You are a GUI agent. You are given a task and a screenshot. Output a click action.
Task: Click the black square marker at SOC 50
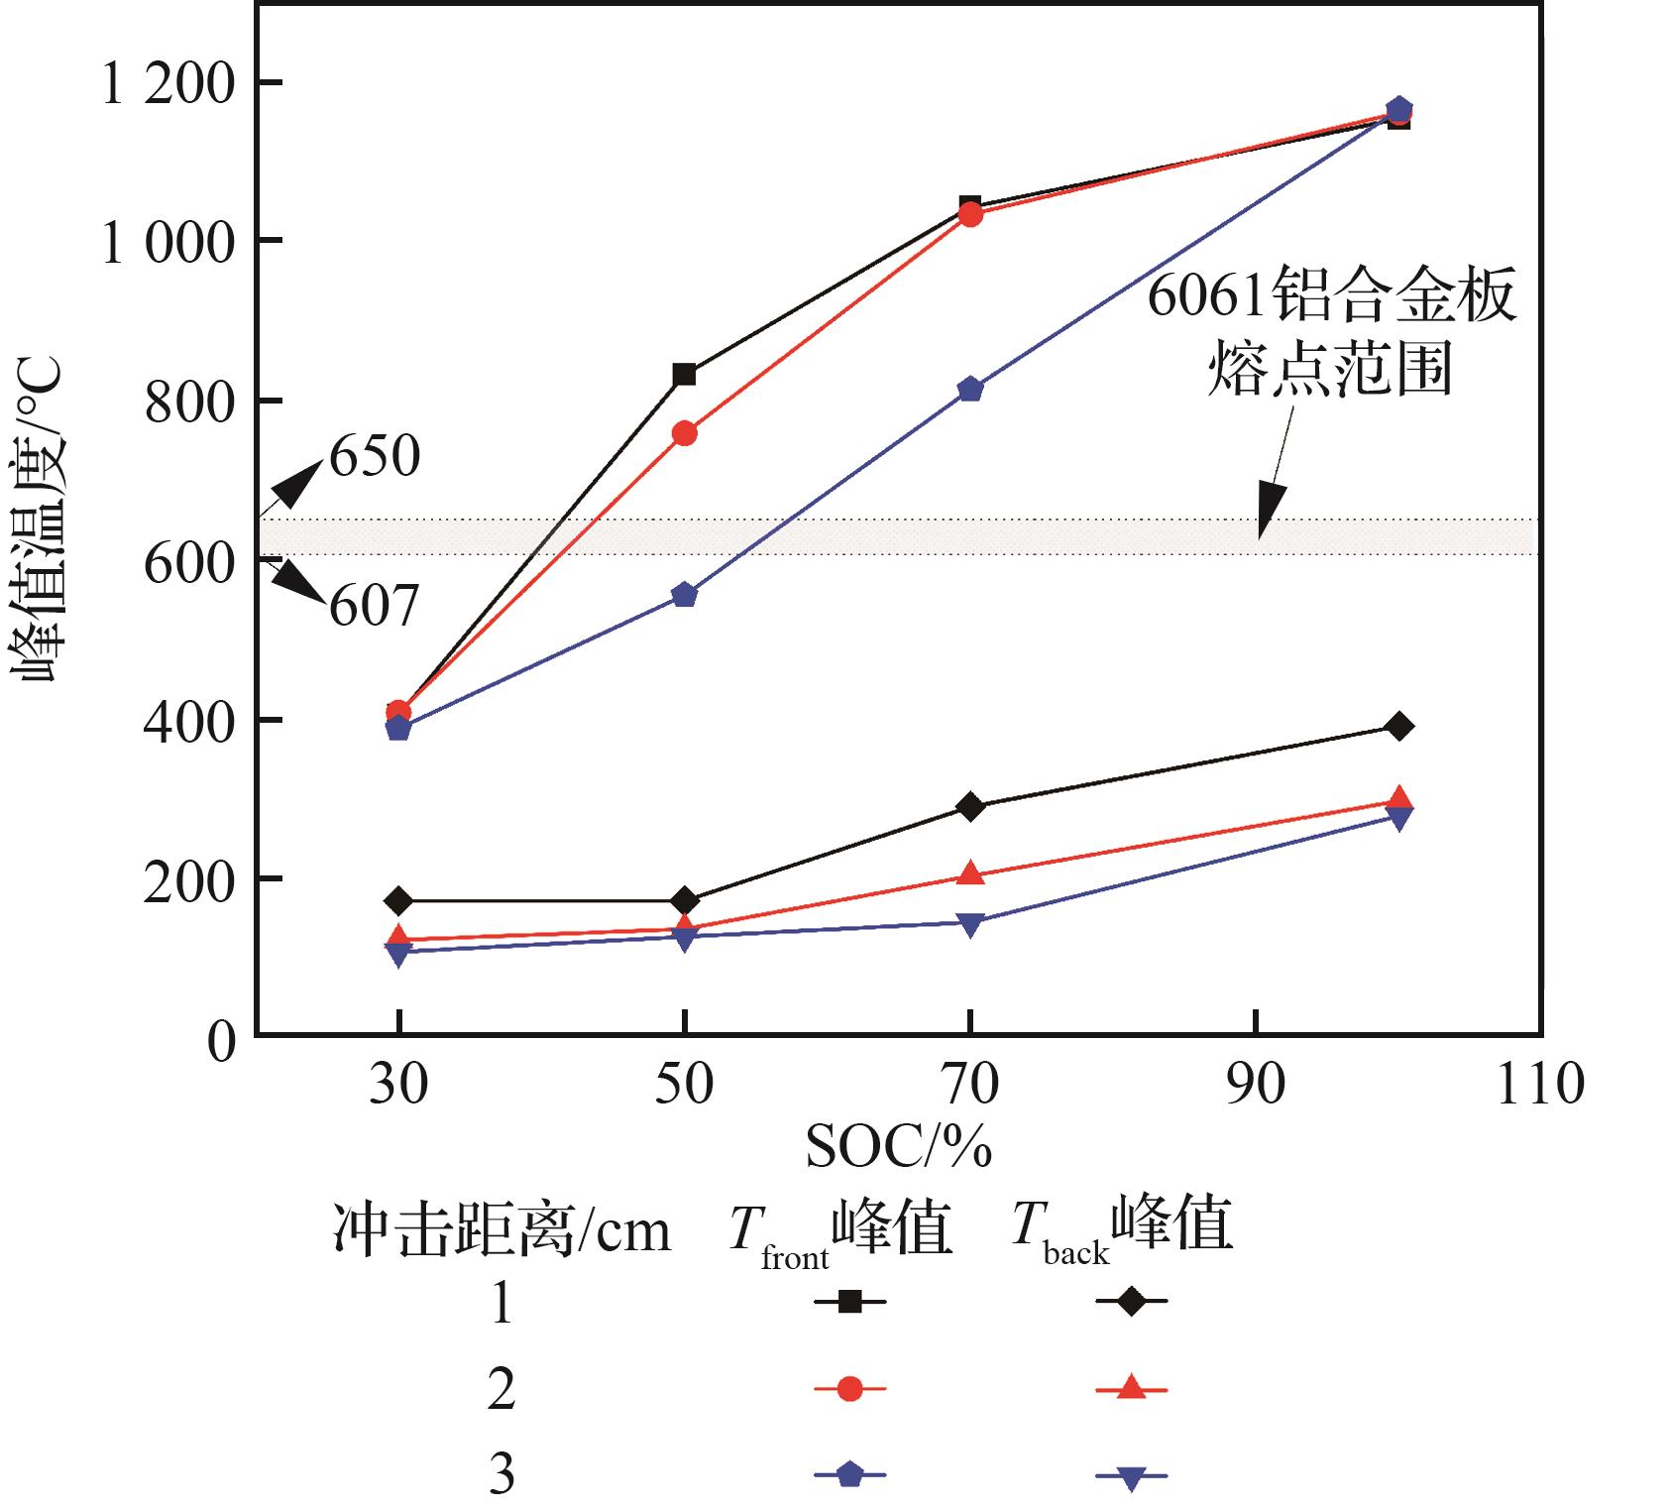coord(684,375)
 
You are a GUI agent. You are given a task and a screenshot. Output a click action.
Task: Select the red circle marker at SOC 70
coord(970,214)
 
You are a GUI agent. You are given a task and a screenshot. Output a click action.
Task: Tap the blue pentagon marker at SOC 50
coord(684,595)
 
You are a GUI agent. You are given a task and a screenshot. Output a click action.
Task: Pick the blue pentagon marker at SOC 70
coord(970,390)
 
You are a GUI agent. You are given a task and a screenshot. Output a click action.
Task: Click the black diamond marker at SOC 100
coord(1398,726)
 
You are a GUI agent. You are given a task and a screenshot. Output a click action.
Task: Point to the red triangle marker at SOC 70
coord(970,874)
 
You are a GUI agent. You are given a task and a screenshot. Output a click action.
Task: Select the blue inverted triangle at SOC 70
coord(970,924)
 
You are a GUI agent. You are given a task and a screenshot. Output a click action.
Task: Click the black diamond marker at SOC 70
coord(970,806)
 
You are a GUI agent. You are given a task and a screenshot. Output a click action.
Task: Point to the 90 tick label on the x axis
coord(1255,1083)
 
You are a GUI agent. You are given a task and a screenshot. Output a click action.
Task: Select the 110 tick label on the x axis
coord(1538,1083)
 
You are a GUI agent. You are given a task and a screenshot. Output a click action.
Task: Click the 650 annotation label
coord(375,457)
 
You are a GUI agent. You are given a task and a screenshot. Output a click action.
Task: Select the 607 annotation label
coord(374,605)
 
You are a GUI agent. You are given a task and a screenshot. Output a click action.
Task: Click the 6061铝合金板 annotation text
coord(1331,296)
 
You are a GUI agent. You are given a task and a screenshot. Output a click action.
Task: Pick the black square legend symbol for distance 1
coord(849,1301)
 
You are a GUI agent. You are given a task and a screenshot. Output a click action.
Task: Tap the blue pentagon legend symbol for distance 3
coord(849,1475)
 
